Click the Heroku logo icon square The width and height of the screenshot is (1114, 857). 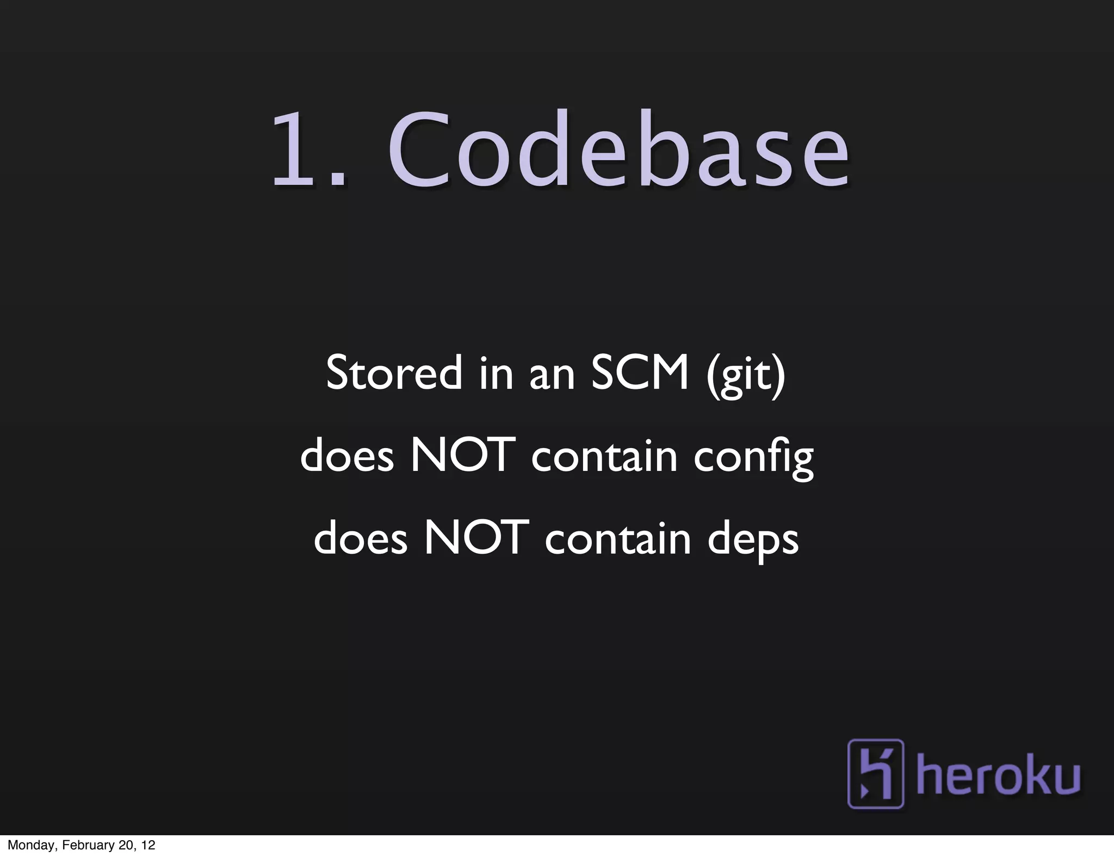pos(875,773)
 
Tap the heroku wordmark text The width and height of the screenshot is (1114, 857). pos(998,775)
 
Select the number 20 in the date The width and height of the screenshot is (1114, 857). pos(125,846)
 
